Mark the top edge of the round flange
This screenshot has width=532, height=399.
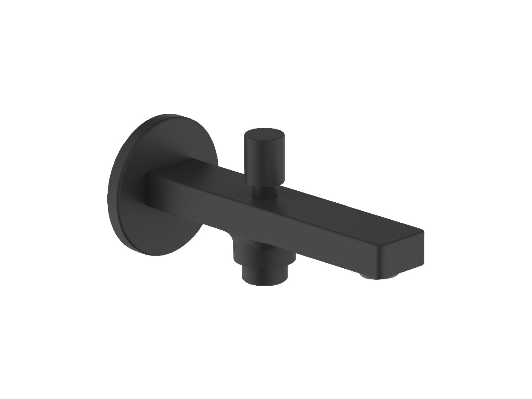point(170,115)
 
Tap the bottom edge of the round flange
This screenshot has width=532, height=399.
point(153,255)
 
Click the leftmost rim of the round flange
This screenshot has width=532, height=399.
point(109,200)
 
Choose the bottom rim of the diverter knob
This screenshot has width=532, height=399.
point(264,184)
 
